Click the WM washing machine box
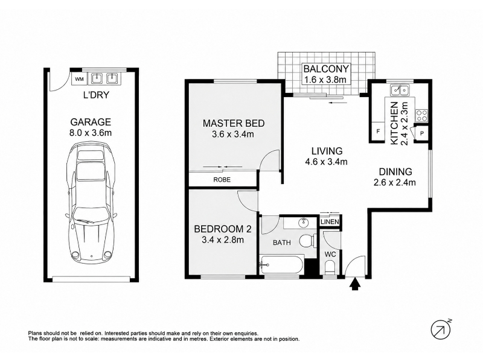79,79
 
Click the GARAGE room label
91,122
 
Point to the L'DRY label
96,95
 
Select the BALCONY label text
326,68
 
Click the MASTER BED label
234,123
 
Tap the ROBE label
222,179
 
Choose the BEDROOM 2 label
223,229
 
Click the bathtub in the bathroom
282,264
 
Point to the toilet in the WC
329,267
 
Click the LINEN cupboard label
330,221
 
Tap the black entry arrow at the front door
356,284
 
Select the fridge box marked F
378,132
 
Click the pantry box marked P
421,133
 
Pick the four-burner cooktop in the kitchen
421,115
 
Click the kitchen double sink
400,90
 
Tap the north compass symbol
441,329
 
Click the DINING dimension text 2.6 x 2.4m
395,183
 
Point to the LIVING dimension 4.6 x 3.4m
326,162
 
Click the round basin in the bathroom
304,222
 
